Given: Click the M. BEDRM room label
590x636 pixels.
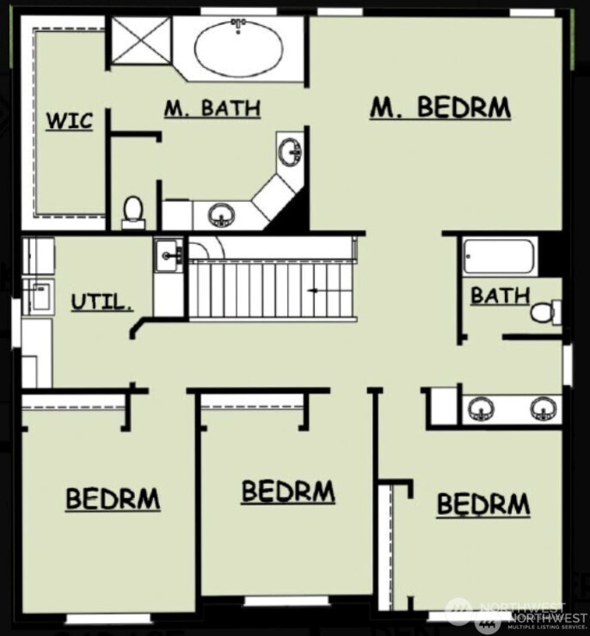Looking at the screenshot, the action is pos(440,108).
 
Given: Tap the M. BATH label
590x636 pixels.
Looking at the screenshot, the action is pos(212,108).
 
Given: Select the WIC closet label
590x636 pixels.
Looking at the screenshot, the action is pos(70,121).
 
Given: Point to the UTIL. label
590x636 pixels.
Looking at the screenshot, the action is pos(101,303).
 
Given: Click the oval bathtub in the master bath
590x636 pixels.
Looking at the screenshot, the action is pos(238,48).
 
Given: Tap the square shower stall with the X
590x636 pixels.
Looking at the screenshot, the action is pos(141,40).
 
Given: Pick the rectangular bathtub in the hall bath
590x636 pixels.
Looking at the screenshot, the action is pos(499,256).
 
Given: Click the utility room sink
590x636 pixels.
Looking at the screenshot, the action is pos(168,255).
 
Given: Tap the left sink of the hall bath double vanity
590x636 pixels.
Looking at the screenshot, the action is pos(482,408).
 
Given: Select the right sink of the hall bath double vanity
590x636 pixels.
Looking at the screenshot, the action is pos(544,408).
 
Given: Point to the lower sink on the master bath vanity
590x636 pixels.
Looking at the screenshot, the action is pos(221,215).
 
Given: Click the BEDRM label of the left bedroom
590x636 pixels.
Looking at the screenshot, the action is pos(113,499).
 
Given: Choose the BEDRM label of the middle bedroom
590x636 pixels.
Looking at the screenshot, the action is pos(288,492).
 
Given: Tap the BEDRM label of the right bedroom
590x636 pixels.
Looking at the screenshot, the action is pos(483,505).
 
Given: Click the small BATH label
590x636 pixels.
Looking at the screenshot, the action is pos(501,296).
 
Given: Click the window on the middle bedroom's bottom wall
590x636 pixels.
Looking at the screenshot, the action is pos(286,601).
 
